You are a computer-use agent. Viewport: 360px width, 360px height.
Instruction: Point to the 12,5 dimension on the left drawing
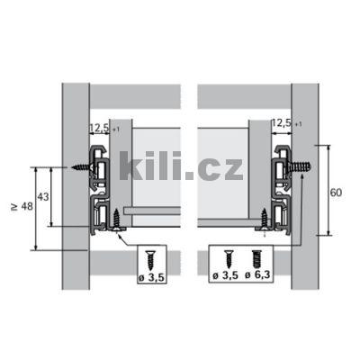(99, 130)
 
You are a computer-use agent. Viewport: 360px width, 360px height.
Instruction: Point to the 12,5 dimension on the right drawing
(280, 121)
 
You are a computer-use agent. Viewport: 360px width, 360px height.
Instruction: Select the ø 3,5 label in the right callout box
(224, 275)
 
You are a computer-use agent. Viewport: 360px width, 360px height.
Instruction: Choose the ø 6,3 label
(259, 275)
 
